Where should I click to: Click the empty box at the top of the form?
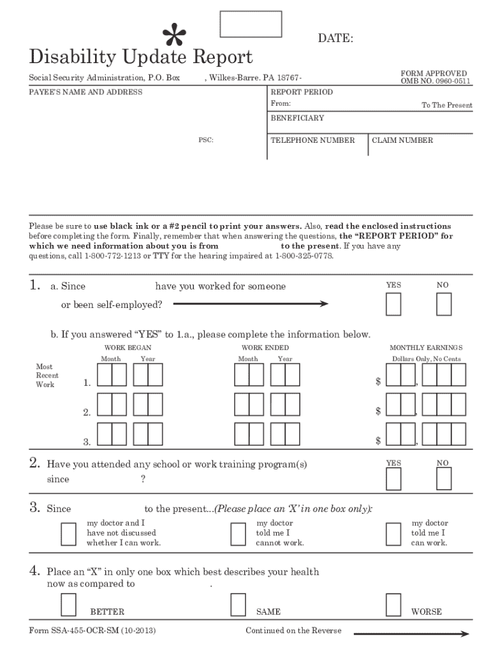(x=251, y=24)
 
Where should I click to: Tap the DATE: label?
(x=335, y=39)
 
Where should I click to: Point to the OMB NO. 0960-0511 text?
(x=436, y=81)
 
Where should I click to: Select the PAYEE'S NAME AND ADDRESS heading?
(x=86, y=92)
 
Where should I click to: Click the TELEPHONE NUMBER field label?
(x=312, y=140)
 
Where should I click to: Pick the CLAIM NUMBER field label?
(x=402, y=140)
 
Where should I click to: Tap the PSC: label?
(x=205, y=140)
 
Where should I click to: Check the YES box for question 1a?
(x=394, y=304)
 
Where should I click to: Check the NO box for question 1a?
(x=444, y=304)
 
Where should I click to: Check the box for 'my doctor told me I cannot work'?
(x=238, y=534)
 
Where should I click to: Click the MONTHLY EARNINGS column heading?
(x=426, y=348)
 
